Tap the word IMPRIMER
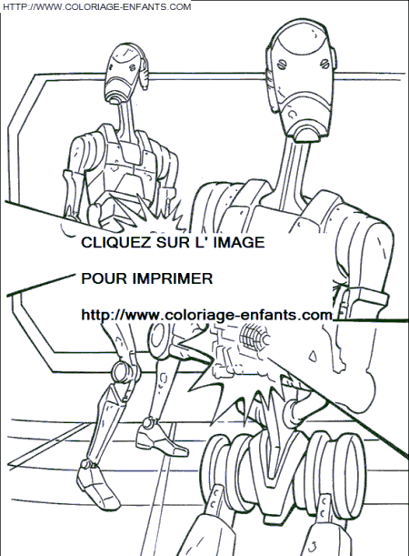point(173,278)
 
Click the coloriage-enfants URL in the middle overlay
point(207,315)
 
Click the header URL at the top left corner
point(96,6)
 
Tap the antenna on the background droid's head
point(144,71)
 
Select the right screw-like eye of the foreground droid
point(324,64)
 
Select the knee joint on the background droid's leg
point(125,371)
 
